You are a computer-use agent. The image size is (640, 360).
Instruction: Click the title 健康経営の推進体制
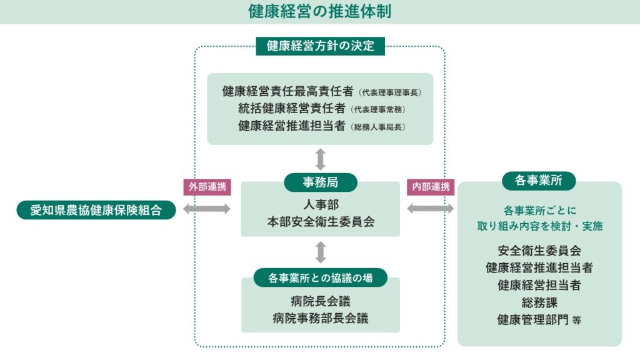(x=319, y=11)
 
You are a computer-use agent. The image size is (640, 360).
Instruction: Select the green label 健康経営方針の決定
(x=320, y=46)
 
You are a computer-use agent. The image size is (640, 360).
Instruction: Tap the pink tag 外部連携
(x=204, y=187)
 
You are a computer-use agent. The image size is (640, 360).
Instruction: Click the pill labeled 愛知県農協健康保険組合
(x=96, y=210)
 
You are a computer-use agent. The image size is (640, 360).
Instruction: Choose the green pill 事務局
(x=320, y=182)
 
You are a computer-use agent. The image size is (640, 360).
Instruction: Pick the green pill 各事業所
(x=539, y=181)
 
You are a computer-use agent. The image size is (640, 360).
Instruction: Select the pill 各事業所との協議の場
(x=320, y=277)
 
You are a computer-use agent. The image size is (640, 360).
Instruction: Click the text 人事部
(x=320, y=205)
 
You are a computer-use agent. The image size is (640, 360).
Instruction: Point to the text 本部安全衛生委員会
(x=320, y=222)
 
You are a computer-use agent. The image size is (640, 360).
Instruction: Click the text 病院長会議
(x=320, y=300)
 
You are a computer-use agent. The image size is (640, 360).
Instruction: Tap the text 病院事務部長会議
(x=320, y=318)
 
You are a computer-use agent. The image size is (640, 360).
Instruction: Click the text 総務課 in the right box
(x=539, y=303)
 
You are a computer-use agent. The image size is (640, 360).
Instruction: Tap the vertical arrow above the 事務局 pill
(x=321, y=159)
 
